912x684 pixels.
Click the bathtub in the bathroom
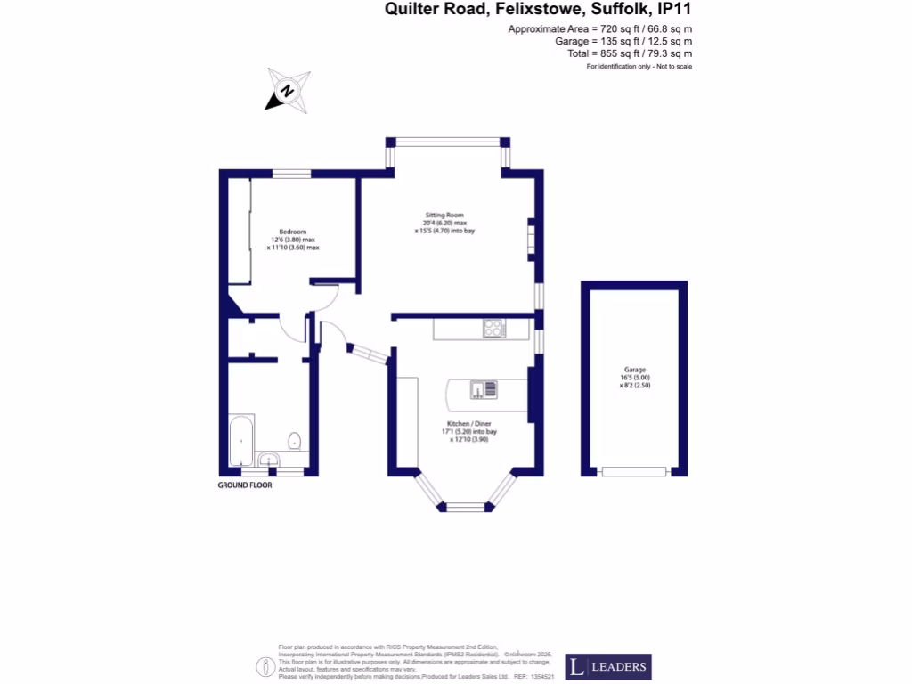pyautogui.click(x=241, y=440)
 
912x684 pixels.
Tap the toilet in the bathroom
pyautogui.click(x=294, y=441)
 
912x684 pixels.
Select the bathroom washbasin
pyautogui.click(x=271, y=460)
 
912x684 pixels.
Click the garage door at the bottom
pyautogui.click(x=633, y=471)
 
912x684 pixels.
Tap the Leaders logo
pyautogui.click(x=607, y=667)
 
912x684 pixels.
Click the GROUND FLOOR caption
pyautogui.click(x=245, y=485)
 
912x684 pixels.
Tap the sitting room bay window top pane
pyautogui.click(x=448, y=142)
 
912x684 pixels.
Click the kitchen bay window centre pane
pyautogui.click(x=464, y=507)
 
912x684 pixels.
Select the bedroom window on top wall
pyautogui.click(x=291, y=173)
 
